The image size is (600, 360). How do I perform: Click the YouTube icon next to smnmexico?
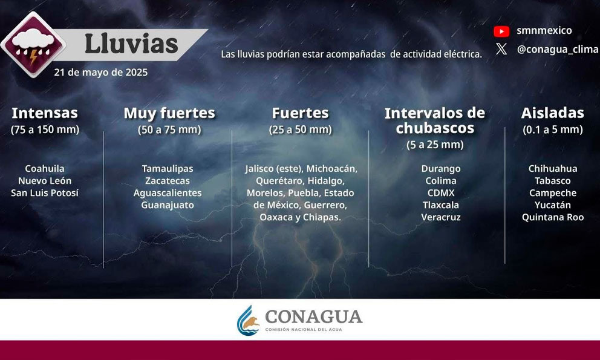click(501, 31)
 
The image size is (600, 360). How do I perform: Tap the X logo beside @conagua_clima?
click(501, 49)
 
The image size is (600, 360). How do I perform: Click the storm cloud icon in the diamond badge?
click(33, 44)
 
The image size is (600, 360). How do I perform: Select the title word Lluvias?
click(131, 44)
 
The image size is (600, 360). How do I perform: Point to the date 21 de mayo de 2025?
click(100, 73)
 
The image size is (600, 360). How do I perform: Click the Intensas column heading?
click(45, 113)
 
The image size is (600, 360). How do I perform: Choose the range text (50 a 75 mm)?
click(169, 129)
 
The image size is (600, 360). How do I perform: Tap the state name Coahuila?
click(45, 169)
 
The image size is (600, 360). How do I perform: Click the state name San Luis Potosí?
click(45, 192)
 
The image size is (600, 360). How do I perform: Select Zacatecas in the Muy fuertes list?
click(168, 181)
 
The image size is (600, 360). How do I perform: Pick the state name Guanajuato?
click(168, 205)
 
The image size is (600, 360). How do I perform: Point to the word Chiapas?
click(322, 217)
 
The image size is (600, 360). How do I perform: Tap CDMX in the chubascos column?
click(441, 192)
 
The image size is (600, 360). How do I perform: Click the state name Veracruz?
click(441, 217)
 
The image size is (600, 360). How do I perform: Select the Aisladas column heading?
click(553, 113)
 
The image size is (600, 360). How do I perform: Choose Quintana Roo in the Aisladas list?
click(553, 217)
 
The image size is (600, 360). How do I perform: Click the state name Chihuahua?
click(553, 169)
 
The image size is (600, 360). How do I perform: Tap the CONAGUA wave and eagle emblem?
click(248, 321)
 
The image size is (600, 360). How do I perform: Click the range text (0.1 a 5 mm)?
click(553, 129)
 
